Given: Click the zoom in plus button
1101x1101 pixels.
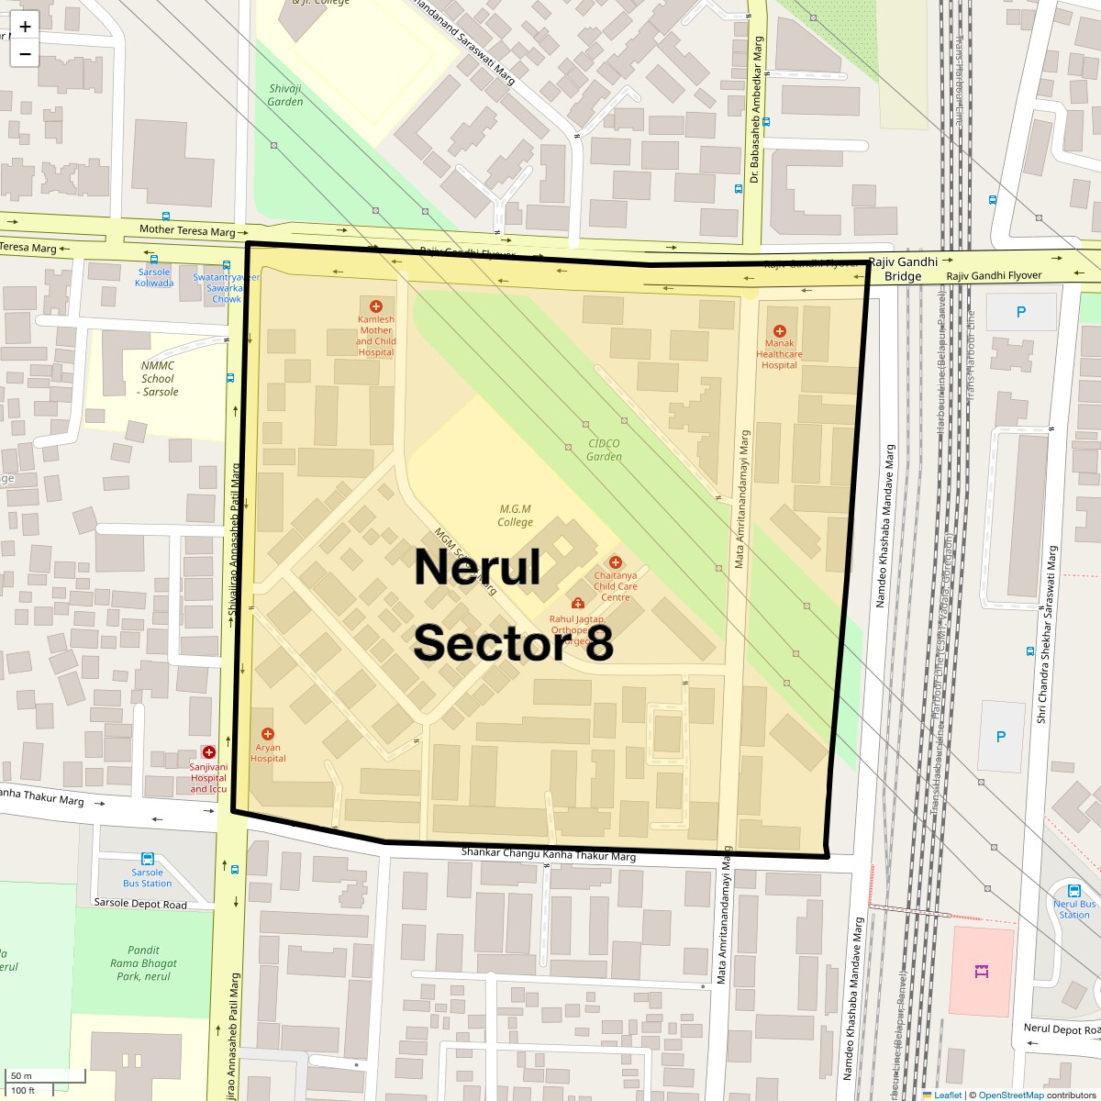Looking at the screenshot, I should [x=25, y=27].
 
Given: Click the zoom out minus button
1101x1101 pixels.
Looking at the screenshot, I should [x=25, y=54].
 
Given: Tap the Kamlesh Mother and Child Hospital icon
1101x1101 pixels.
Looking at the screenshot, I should [x=375, y=306].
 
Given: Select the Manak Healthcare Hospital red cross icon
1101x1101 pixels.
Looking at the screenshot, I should [x=779, y=331].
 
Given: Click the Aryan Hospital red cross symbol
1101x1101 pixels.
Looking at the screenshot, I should [x=267, y=734].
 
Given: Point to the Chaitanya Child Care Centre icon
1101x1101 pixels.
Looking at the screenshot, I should [x=615, y=562].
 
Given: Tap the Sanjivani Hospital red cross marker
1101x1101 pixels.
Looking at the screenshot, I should [x=208, y=752].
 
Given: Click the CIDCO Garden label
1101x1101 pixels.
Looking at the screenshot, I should [x=604, y=450].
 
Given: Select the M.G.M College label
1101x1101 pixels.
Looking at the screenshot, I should [x=515, y=516].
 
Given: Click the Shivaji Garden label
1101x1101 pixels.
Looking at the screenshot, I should [x=285, y=95].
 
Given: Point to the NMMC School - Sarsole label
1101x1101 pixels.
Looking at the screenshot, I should [x=159, y=378].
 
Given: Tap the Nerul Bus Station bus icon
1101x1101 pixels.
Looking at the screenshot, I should [x=1073, y=890].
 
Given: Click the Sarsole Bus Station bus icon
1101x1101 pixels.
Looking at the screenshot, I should [x=147, y=860].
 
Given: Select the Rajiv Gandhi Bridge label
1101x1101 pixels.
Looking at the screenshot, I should [x=903, y=269].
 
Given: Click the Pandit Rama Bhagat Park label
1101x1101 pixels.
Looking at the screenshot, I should [x=143, y=963].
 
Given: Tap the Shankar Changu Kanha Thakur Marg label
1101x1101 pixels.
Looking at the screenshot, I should [x=548, y=854].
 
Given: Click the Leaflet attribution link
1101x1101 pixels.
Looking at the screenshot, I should [x=947, y=1095].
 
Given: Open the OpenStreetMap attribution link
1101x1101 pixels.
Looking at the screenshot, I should [x=1010, y=1095].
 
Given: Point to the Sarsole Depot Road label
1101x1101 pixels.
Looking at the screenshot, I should [x=140, y=904].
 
